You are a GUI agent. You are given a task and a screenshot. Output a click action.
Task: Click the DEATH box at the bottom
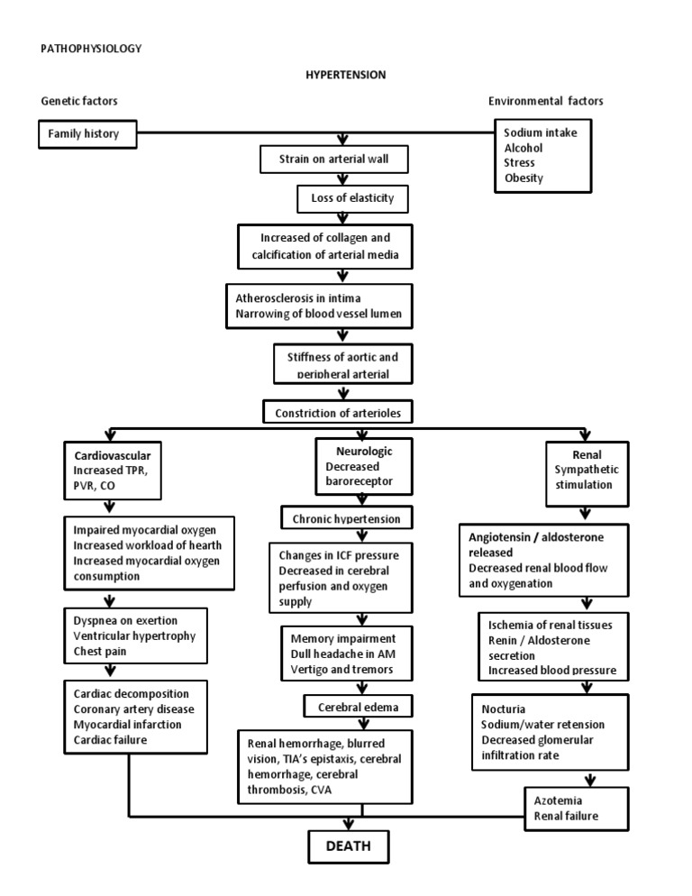click(347, 846)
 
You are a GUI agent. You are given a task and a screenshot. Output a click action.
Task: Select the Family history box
click(90, 135)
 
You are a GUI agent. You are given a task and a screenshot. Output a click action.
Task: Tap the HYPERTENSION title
click(345, 75)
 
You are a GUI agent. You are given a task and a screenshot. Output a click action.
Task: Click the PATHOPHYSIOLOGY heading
click(91, 49)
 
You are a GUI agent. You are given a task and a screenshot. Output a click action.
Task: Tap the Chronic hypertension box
click(347, 519)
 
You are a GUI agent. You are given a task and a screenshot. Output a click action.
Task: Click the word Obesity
click(524, 178)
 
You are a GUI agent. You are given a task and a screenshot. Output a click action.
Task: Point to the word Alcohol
click(524, 147)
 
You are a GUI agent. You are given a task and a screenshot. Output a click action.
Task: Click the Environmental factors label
click(545, 101)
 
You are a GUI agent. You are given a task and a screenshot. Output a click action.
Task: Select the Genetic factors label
click(79, 101)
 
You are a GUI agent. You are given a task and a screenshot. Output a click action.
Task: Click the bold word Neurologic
click(359, 450)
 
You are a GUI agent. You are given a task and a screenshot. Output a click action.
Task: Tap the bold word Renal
click(587, 455)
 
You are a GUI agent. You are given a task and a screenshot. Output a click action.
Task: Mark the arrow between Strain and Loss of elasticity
click(341, 179)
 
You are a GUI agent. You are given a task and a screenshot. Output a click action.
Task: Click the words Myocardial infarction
click(127, 724)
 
